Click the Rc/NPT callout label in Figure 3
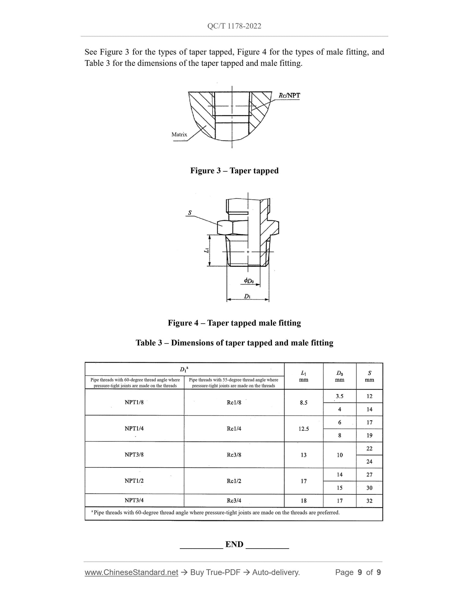tap(289, 95)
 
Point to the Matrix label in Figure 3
tap(179, 134)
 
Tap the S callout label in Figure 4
tap(190, 213)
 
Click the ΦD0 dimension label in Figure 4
tap(249, 281)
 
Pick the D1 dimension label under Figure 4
tap(247, 296)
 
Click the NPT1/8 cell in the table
tap(134, 402)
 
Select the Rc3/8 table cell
tap(234, 455)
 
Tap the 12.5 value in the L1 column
tap(303, 429)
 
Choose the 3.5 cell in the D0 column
tap(339, 396)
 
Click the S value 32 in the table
tap(369, 501)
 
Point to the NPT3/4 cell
tap(134, 500)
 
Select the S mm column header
tap(369, 376)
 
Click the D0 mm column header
tap(339, 376)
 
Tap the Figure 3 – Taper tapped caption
tap(234, 171)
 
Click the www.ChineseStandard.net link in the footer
tap(131, 572)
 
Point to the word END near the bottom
tap(234, 544)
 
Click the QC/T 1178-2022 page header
tap(234, 26)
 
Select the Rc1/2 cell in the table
tap(234, 481)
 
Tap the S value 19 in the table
tap(369, 435)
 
